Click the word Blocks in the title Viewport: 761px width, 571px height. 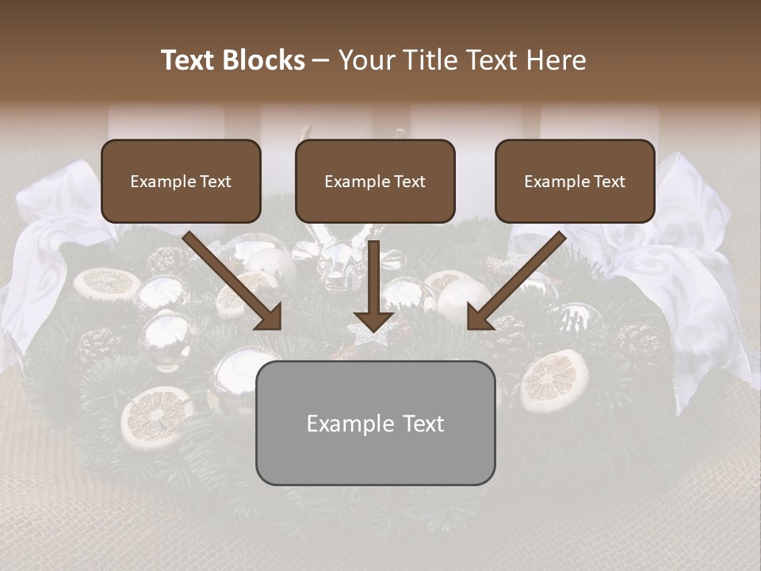[x=263, y=60]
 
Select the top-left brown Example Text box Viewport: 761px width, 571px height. [x=181, y=181]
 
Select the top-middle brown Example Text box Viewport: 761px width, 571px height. [x=375, y=181]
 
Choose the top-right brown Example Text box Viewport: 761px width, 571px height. [x=575, y=181]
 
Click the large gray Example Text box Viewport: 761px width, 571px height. [x=375, y=423]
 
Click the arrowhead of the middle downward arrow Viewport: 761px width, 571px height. [x=374, y=320]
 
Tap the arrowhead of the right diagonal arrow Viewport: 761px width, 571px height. [x=480, y=316]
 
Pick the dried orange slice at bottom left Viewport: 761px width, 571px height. [x=156, y=416]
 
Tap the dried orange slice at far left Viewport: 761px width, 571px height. [x=107, y=282]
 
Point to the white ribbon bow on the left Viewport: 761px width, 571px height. [x=48, y=238]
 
